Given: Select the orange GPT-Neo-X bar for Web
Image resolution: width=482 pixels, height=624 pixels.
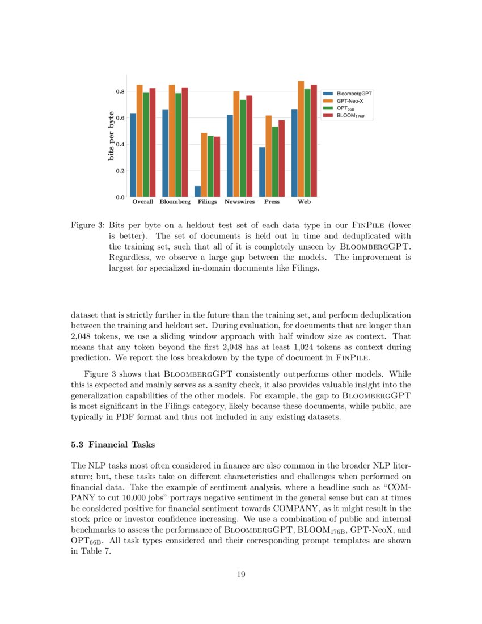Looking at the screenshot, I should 301,139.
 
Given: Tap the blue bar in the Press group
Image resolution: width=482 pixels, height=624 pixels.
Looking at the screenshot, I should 262,172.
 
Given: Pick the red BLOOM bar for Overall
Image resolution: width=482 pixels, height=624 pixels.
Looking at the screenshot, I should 152,143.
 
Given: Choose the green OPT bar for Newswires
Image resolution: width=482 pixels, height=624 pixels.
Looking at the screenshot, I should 243,149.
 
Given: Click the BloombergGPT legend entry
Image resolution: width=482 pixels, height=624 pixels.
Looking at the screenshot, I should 346,93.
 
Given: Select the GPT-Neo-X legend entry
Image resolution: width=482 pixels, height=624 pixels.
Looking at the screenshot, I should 344,100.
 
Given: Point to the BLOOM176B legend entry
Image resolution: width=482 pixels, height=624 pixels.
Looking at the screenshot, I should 344,115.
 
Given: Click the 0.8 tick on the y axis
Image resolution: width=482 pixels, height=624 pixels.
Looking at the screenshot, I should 120,91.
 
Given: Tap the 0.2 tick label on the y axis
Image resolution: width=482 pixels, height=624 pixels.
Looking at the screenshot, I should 120,171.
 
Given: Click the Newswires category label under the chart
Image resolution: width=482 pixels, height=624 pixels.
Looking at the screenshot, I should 239,202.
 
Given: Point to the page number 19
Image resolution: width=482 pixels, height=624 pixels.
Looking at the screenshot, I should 240,575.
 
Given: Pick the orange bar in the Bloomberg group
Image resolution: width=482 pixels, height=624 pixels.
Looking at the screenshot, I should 172,141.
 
